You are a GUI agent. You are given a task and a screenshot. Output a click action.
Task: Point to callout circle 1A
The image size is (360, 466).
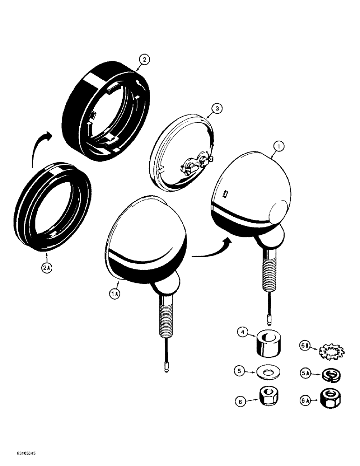[x=115, y=294]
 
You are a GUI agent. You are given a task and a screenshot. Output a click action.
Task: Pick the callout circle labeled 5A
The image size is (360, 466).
[x=305, y=373]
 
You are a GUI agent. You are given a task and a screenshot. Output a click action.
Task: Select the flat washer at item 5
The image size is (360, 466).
[x=269, y=372]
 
